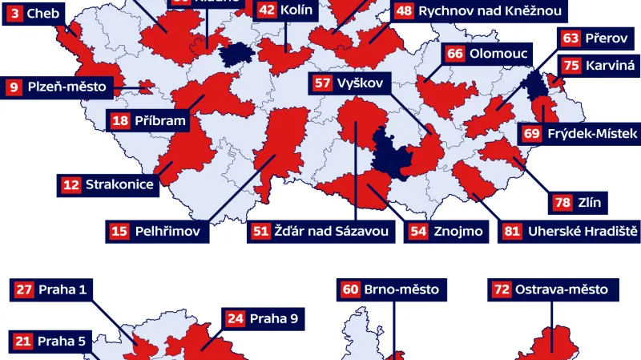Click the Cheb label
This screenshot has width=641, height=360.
coord(44,13)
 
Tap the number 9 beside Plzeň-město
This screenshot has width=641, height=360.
coord(14,87)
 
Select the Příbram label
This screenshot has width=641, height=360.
coord(159,121)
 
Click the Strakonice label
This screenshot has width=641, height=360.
coord(119,185)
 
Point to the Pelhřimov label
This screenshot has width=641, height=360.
coord(169,232)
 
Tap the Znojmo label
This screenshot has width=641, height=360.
coord(458,232)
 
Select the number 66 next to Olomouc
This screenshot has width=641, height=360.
coord(455,54)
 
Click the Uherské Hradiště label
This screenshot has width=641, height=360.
coord(582,232)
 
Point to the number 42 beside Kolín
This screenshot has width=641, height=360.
coord(267,10)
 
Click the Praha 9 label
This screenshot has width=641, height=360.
coord(272,319)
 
